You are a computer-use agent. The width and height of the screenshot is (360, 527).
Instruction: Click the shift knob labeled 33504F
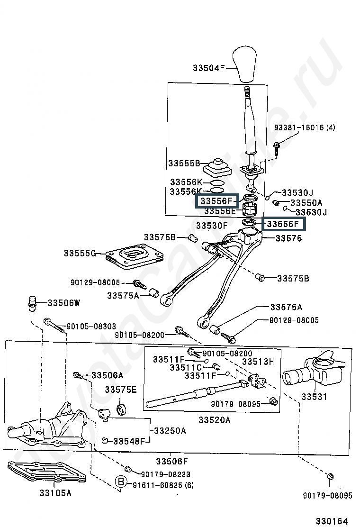click(x=245, y=65)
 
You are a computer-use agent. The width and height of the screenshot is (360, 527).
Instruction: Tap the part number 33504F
click(x=208, y=68)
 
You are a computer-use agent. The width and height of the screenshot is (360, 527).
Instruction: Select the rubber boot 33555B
click(x=217, y=167)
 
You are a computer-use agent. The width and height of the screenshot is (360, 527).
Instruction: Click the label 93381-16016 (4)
click(x=305, y=127)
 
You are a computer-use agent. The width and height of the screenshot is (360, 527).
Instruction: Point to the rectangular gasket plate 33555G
click(x=134, y=257)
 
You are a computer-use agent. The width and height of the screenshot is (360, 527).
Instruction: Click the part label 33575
click(x=289, y=238)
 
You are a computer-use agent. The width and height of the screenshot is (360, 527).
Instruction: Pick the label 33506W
click(x=64, y=303)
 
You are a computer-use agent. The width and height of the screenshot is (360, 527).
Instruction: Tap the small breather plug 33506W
click(x=32, y=303)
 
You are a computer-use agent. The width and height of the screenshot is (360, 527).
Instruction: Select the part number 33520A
click(x=214, y=420)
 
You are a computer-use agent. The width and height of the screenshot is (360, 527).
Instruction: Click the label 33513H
click(x=258, y=362)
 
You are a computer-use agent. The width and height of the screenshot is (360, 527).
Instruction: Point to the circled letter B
click(x=121, y=482)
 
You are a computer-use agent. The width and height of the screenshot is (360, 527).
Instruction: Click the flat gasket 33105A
click(x=47, y=474)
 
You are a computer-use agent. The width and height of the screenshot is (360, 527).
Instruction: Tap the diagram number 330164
click(x=332, y=521)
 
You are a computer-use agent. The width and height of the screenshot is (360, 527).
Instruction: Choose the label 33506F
click(x=172, y=462)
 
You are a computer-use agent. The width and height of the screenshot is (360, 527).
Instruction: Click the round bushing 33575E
click(x=121, y=409)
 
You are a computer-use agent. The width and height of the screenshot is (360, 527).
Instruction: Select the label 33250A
click(x=170, y=430)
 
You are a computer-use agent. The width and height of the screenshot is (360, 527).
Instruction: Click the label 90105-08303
click(x=91, y=327)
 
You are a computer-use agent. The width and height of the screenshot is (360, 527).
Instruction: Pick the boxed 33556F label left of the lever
click(x=217, y=201)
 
